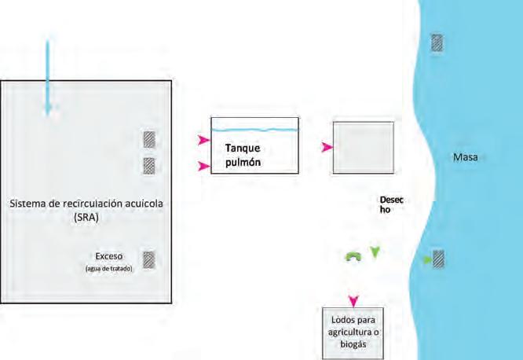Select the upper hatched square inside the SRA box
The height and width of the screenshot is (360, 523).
[x=149, y=140]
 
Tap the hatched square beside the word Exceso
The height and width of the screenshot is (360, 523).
[x=149, y=260]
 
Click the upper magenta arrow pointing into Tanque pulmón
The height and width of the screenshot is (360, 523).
[x=204, y=140]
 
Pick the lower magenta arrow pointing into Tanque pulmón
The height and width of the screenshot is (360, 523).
[x=204, y=166]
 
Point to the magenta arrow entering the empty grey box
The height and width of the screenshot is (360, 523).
[x=327, y=147]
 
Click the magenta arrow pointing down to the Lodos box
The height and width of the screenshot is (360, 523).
[x=353, y=301]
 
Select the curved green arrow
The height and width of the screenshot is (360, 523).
[x=353, y=256]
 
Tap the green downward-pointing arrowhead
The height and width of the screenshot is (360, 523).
[x=375, y=252]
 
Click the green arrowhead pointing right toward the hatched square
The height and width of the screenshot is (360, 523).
[x=428, y=260]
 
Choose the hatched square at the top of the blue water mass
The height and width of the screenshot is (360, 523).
[x=437, y=42]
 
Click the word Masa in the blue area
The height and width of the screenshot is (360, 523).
[x=466, y=157]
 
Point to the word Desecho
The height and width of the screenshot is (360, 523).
[x=391, y=204]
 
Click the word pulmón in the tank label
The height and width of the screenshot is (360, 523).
[x=243, y=163]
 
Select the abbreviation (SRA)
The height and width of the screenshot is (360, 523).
[x=86, y=218]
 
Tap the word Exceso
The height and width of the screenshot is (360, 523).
[x=108, y=256]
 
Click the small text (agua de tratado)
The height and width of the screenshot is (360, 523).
[x=108, y=269]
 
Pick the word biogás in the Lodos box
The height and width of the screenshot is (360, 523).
[x=353, y=344]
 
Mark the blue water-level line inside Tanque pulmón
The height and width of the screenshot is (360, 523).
[x=255, y=130]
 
